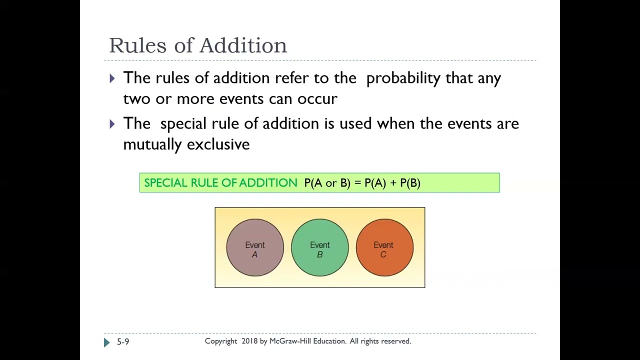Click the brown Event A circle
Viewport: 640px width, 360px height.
pyautogui.click(x=255, y=247)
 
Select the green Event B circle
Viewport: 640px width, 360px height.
pyautogui.click(x=320, y=247)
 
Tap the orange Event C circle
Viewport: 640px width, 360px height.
pyautogui.click(x=384, y=247)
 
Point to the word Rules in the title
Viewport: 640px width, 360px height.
pyautogui.click(x=137, y=45)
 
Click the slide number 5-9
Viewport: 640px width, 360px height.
pyautogui.click(x=123, y=341)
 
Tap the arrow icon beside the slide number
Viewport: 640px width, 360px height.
pyautogui.click(x=106, y=342)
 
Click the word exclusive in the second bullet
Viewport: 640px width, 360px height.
pyautogui.click(x=218, y=144)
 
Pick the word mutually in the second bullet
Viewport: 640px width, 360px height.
pyautogui.click(x=152, y=144)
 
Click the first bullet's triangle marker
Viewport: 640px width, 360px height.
pyautogui.click(x=112, y=78)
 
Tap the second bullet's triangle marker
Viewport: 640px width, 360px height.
pyautogui.click(x=112, y=123)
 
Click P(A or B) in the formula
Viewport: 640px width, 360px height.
pyautogui.click(x=327, y=183)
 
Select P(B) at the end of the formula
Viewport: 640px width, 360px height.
pyautogui.click(x=410, y=183)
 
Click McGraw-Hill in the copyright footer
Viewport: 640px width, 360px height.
pyautogui.click(x=292, y=341)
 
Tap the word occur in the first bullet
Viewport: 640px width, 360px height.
pyautogui.click(x=317, y=99)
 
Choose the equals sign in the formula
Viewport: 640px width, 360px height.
pyautogui.click(x=357, y=183)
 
